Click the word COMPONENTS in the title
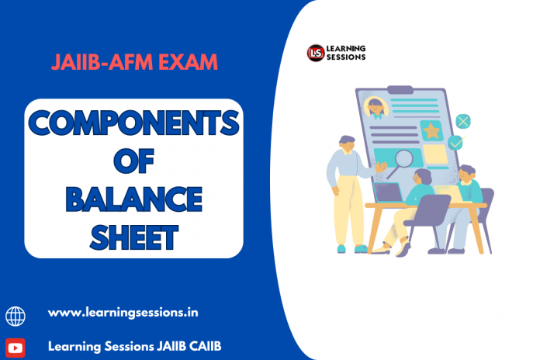pyautogui.click(x=133, y=123)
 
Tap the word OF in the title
pyautogui.click(x=133, y=161)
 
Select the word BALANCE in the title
pyautogui.click(x=133, y=199)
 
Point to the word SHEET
pyautogui.click(x=133, y=237)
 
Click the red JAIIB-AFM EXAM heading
pyautogui.click(x=134, y=62)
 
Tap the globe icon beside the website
pyautogui.click(x=16, y=317)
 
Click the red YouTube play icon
pyautogui.click(x=16, y=348)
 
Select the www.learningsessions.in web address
pyautogui.click(x=123, y=313)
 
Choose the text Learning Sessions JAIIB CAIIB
pyautogui.click(x=135, y=346)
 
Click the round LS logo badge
pyautogui.click(x=316, y=53)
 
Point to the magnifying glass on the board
pyautogui.click(x=401, y=163)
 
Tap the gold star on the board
pyautogui.click(x=431, y=131)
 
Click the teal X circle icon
pyautogui.click(x=463, y=121)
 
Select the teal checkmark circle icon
pyautogui.click(x=455, y=143)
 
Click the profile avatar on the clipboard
pyautogui.click(x=376, y=108)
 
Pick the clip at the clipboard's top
pyautogui.click(x=400, y=89)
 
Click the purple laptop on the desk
pyautogui.click(x=388, y=192)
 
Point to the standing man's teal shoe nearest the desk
pyautogui.click(x=361, y=249)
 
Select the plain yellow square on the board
pyautogui.click(x=435, y=154)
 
